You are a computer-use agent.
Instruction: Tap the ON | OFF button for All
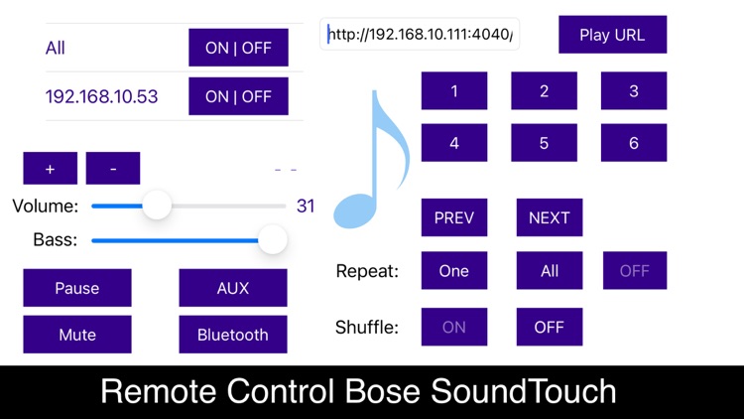tap(238, 48)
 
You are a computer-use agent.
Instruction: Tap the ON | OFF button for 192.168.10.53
tap(238, 96)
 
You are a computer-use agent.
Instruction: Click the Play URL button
tap(612, 35)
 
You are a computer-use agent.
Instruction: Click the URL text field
tap(421, 35)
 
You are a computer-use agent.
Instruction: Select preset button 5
tap(544, 143)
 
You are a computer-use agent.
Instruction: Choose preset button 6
tap(634, 143)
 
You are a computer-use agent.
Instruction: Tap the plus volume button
tap(50, 169)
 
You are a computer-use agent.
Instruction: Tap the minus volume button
tap(113, 169)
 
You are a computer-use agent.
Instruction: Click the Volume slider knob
tap(157, 207)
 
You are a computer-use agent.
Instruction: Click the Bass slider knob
tap(271, 239)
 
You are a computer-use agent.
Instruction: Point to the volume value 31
tap(306, 207)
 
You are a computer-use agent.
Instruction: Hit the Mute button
tap(77, 335)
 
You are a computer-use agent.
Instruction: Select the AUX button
tap(233, 288)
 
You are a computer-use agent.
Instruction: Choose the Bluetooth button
tap(233, 335)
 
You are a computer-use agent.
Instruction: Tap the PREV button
tap(454, 218)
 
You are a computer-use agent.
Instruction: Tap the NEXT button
tap(550, 218)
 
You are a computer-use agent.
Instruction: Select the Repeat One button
tap(454, 271)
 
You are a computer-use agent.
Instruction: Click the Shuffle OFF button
tap(550, 327)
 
